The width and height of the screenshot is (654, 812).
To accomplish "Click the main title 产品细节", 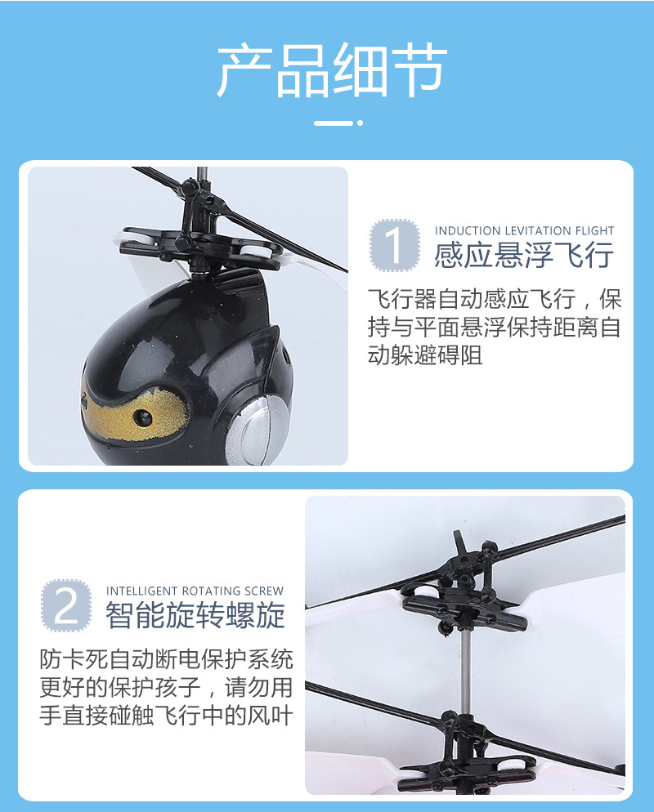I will [331, 71].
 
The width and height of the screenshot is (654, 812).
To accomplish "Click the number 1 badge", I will [395, 245].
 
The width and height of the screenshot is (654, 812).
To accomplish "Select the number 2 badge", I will [66, 605].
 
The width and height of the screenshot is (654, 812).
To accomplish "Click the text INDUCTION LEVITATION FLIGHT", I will [524, 231].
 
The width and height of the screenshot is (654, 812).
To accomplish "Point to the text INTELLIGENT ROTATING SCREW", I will [195, 591].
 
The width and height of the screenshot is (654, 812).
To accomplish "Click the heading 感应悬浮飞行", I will [523, 255].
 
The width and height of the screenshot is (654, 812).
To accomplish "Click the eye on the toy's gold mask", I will [145, 417].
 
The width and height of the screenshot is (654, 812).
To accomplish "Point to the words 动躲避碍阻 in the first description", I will [425, 355].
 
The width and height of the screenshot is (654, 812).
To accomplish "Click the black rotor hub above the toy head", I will [200, 237].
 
